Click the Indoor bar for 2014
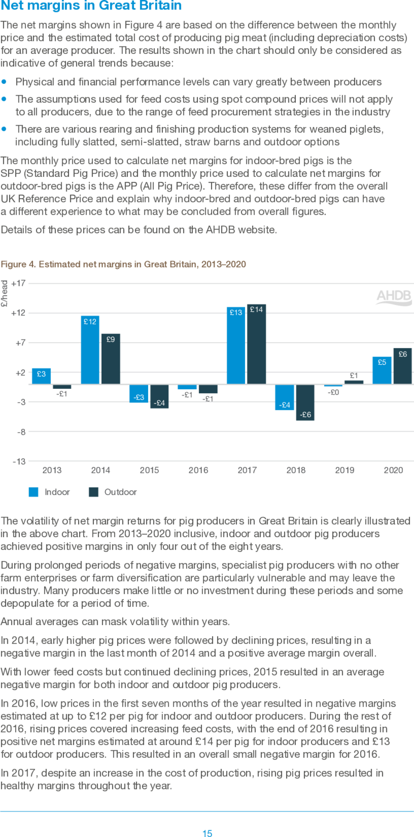pyautogui.click(x=90, y=350)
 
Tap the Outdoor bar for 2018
pyautogui.click(x=305, y=402)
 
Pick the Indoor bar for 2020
pyautogui.click(x=382, y=370)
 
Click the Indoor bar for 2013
pyautogui.click(x=41, y=376)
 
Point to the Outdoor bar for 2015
pyautogui.click(x=160, y=396)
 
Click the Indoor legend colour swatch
pyautogui.click(x=34, y=492)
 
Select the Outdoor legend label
pyautogui.click(x=121, y=492)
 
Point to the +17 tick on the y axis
pyautogui.click(x=18, y=283)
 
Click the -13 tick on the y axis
pyautogui.click(x=19, y=461)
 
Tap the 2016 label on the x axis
pyautogui.click(x=198, y=470)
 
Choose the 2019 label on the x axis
pyautogui.click(x=345, y=470)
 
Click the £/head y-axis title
pyautogui.click(x=5, y=293)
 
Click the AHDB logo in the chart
pyautogui.click(x=394, y=296)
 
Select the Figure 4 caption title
pyautogui.click(x=123, y=264)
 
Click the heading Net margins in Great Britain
pyautogui.click(x=91, y=6)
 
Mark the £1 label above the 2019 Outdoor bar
pyautogui.click(x=354, y=376)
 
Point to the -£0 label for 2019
pyautogui.click(x=333, y=392)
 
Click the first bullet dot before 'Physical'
pyautogui.click(x=4, y=82)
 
